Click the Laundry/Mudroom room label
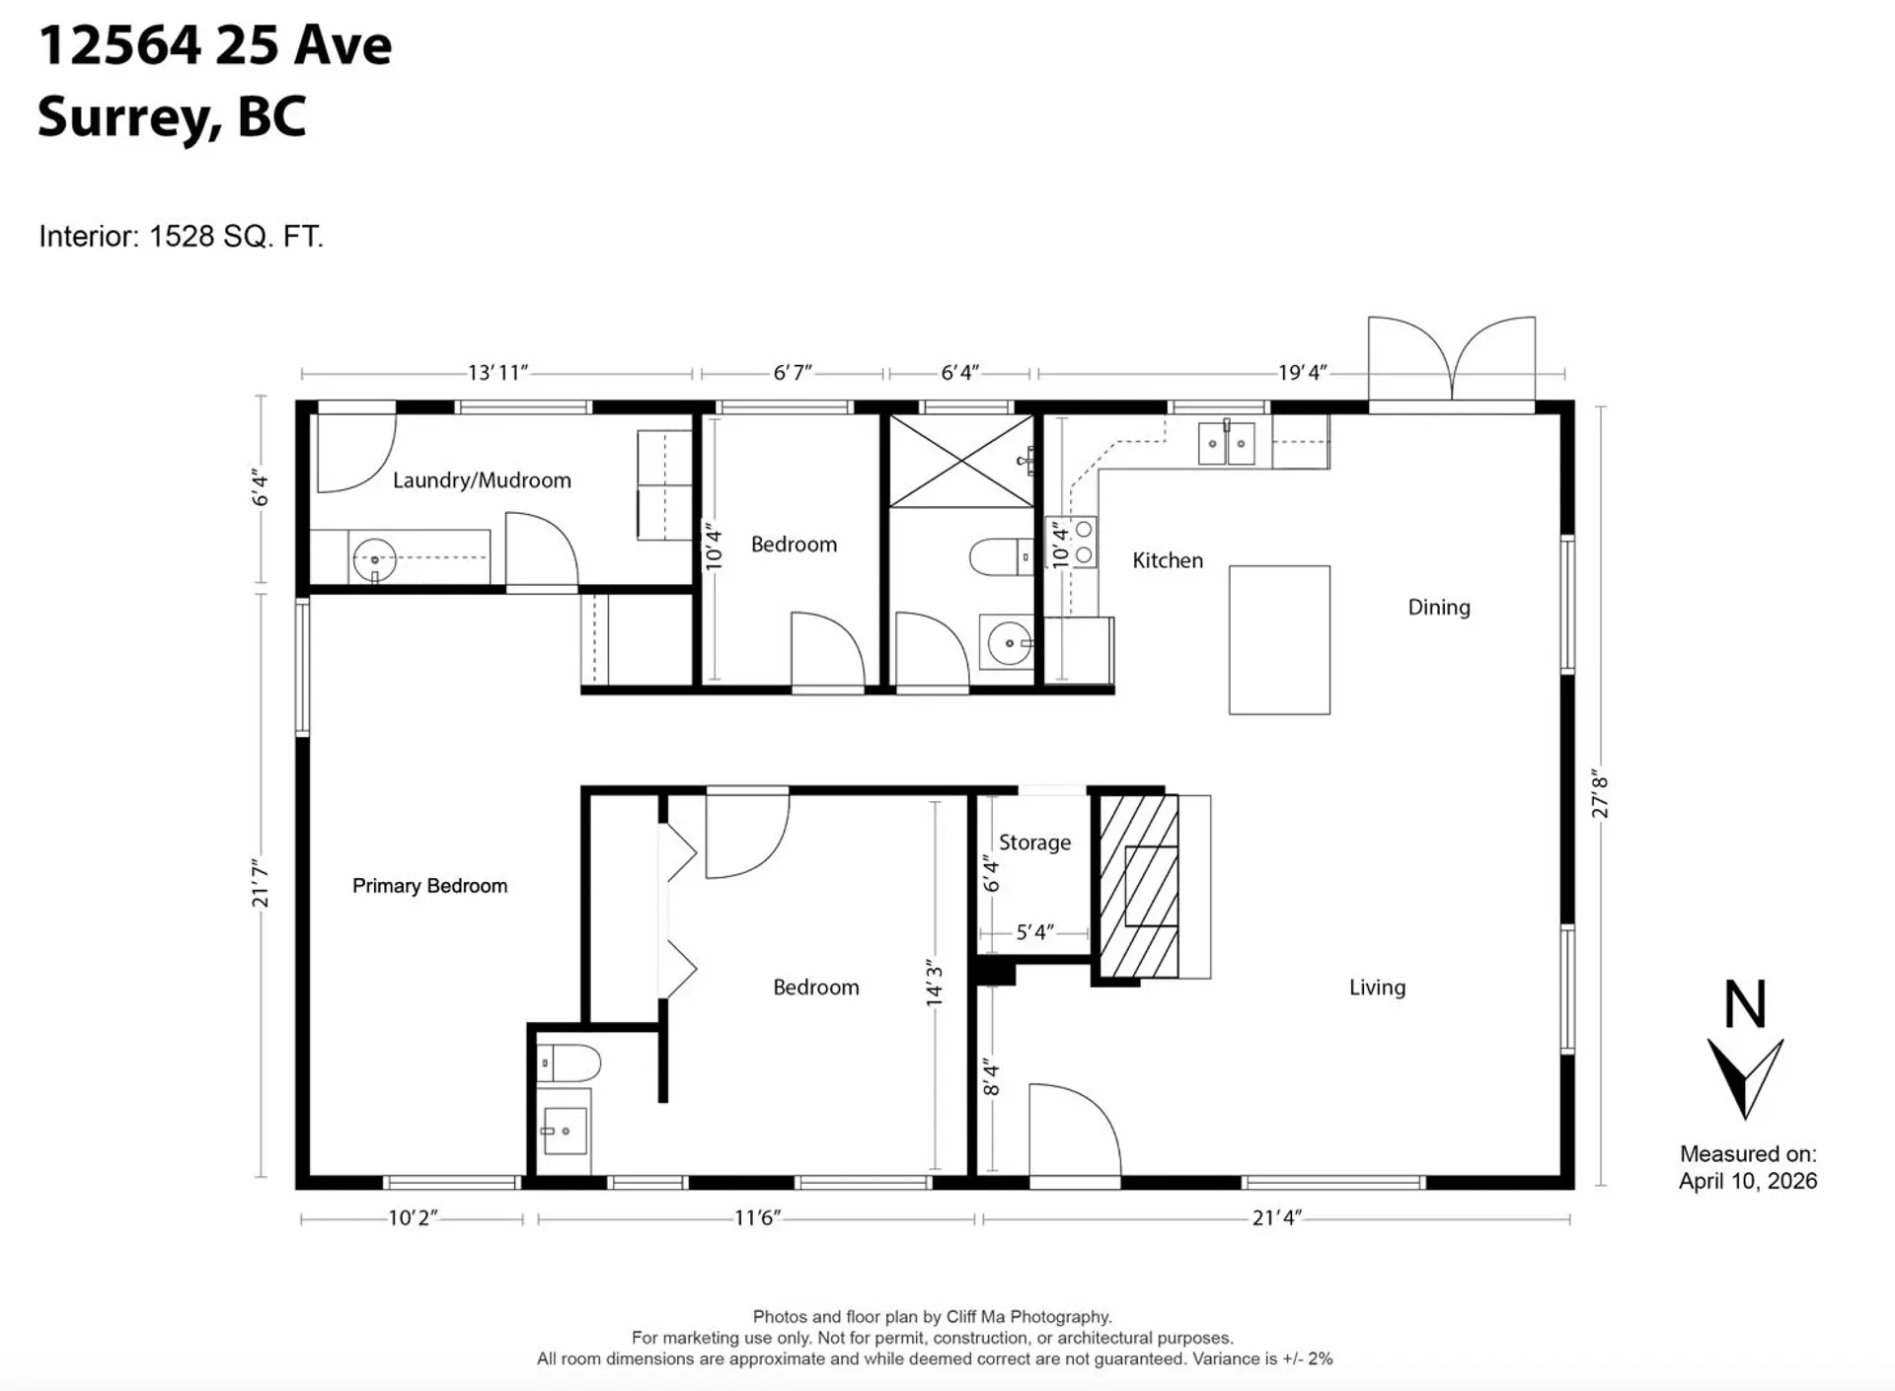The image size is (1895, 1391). point(482,480)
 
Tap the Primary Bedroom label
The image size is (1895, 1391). point(429,886)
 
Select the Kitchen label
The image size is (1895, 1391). point(1168,560)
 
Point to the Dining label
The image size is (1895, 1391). point(1438,608)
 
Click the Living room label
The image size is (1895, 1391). point(1377,988)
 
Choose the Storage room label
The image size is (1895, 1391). point(1034,842)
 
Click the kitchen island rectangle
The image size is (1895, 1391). point(1279,639)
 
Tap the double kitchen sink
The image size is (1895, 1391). point(1226,443)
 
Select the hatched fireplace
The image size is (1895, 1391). point(1139,886)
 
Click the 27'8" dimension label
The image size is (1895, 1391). point(1600,797)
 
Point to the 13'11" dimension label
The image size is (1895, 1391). point(497,373)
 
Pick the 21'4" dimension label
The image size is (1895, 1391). point(1276,1218)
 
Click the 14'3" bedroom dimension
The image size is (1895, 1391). point(934,984)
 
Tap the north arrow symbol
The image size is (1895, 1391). point(1745,1075)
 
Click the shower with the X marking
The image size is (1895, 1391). point(961,461)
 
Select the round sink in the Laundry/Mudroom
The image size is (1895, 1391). point(374,560)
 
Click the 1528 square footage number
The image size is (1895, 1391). point(181,237)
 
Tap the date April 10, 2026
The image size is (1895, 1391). point(1747,1181)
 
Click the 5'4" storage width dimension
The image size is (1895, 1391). point(1034,932)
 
